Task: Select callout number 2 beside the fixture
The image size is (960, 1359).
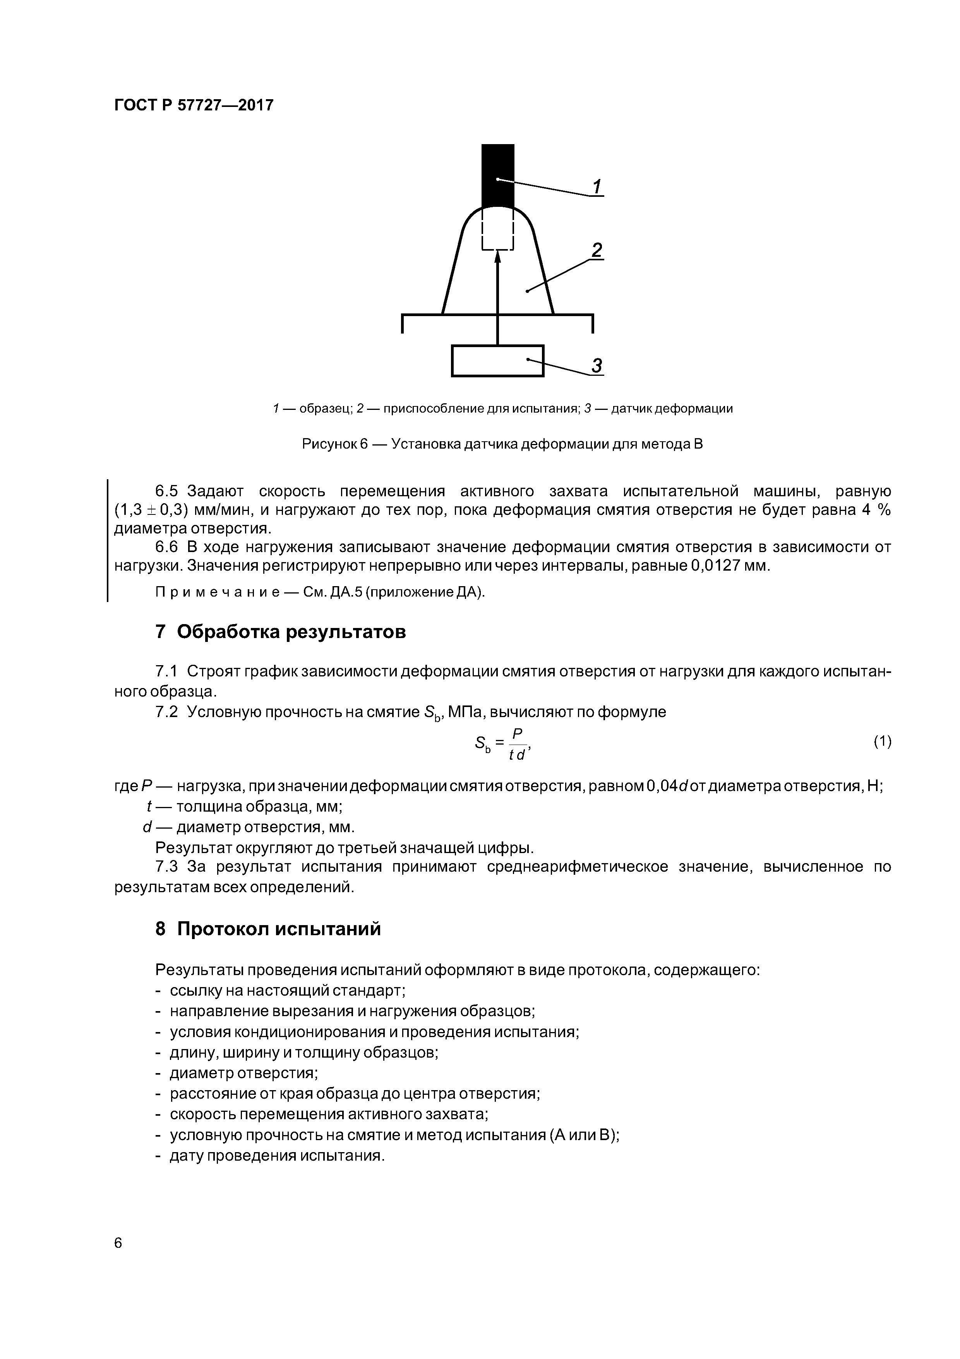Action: pos(597,250)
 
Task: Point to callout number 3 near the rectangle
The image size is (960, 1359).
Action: pos(597,366)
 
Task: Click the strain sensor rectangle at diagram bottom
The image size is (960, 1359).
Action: pos(497,360)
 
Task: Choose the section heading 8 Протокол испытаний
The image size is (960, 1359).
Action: pos(268,929)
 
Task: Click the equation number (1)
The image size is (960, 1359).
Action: pos(882,741)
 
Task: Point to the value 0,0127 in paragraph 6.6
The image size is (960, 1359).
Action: pos(716,566)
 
